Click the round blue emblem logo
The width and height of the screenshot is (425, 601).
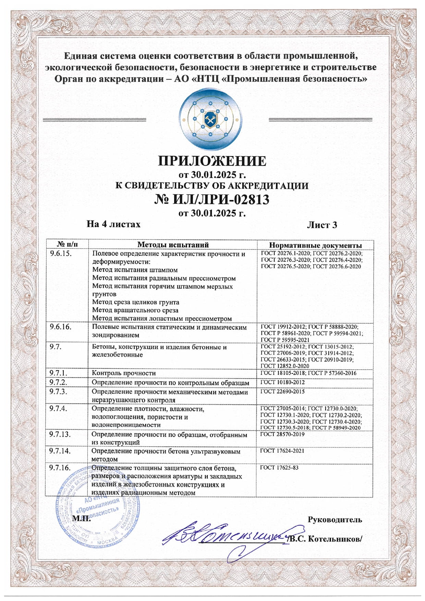coord(210,119)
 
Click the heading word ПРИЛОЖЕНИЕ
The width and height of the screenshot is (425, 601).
coord(212,161)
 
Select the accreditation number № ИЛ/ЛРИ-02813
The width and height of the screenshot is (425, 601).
coord(212,199)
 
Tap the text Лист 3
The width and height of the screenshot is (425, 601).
coord(322,225)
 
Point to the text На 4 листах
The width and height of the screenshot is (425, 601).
coord(113,224)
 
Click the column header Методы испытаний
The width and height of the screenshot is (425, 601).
coord(173,245)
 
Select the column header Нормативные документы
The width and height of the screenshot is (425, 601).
coord(315,245)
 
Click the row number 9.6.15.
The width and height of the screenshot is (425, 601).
coord(61,254)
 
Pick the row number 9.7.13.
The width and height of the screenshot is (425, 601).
coord(60,434)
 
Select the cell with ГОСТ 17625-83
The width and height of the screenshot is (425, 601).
coord(279,467)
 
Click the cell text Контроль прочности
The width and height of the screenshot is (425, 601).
coord(124,373)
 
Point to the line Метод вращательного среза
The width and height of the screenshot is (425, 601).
coord(135,310)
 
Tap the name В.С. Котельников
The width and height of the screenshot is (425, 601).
coord(326,539)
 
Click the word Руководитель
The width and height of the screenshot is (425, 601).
coord(335,519)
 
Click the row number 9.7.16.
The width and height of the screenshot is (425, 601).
coord(60,468)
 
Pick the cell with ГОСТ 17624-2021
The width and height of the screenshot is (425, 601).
coord(282,451)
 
